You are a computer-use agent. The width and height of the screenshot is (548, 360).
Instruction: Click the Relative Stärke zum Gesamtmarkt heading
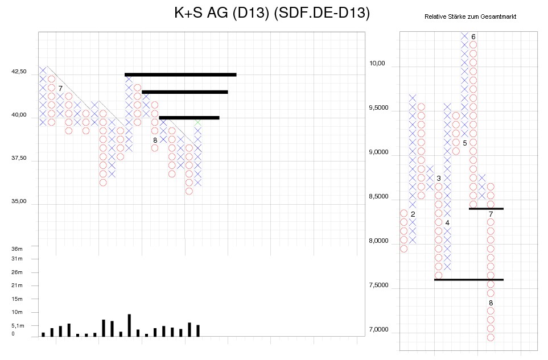[x=470, y=17]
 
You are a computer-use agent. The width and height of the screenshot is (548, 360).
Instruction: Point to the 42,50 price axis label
[x=19, y=72]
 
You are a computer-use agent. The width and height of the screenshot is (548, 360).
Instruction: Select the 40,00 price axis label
[x=19, y=115]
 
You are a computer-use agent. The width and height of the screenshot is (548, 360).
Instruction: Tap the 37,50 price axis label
[x=19, y=158]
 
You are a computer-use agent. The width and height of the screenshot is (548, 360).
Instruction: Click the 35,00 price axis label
[x=19, y=201]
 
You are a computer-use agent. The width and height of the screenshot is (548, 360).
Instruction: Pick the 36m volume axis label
[x=17, y=249]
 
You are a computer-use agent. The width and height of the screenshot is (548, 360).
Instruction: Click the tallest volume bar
[x=129, y=325]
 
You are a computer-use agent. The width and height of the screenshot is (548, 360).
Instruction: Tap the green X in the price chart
[x=197, y=122]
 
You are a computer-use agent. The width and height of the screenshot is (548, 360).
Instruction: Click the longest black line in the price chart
[x=180, y=75]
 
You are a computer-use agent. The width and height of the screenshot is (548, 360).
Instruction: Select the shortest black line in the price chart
[x=189, y=118]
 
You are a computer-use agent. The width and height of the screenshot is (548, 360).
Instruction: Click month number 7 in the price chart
[x=60, y=88]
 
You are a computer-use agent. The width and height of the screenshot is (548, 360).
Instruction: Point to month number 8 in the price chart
[x=155, y=140]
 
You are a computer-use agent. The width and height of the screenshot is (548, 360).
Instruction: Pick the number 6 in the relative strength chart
[x=473, y=37]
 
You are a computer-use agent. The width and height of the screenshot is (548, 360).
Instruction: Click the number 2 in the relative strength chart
[x=413, y=214]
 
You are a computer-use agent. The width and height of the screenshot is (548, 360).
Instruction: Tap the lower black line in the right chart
[x=468, y=280]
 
